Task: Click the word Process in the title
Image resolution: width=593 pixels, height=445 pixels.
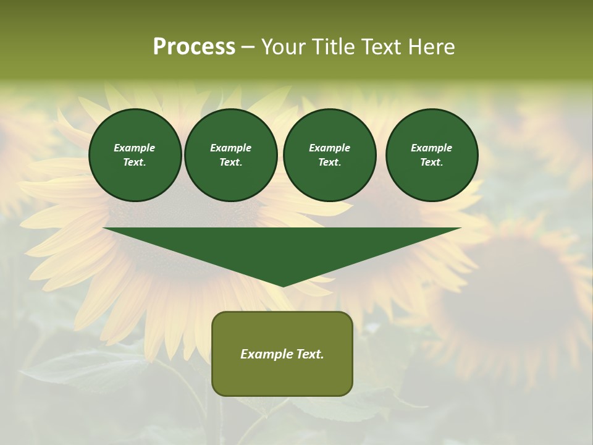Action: click(x=194, y=47)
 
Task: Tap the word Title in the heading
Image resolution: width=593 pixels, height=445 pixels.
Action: click(x=332, y=47)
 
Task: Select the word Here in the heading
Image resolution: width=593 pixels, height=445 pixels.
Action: click(x=431, y=47)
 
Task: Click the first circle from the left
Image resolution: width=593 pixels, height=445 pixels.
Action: click(x=135, y=155)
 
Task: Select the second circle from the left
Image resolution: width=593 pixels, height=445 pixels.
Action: click(x=231, y=155)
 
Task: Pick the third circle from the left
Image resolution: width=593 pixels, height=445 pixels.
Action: click(x=329, y=155)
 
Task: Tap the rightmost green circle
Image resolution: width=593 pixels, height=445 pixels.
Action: click(x=432, y=155)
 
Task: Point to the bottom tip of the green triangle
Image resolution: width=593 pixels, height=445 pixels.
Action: click(x=283, y=285)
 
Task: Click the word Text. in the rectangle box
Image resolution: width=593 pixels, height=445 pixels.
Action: click(x=309, y=354)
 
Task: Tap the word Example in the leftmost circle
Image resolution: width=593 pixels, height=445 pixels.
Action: click(x=135, y=148)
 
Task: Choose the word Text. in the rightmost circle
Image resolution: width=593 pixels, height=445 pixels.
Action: click(x=432, y=162)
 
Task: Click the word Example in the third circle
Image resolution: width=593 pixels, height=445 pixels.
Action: click(x=329, y=148)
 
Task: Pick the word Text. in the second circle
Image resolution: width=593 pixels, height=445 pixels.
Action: click(x=231, y=162)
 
